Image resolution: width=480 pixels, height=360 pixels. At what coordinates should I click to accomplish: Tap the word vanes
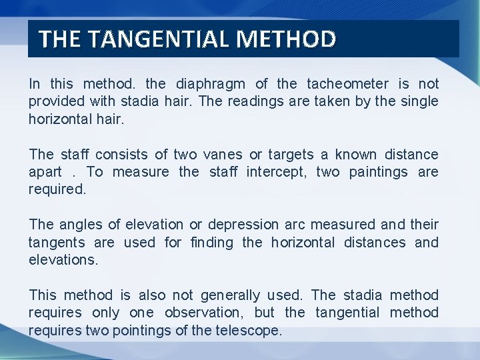pyautogui.click(x=223, y=155)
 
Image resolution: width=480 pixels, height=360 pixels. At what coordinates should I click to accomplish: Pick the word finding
pyautogui.click(x=211, y=243)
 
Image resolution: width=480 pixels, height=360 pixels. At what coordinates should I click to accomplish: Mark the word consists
pyautogui.click(x=109, y=155)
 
